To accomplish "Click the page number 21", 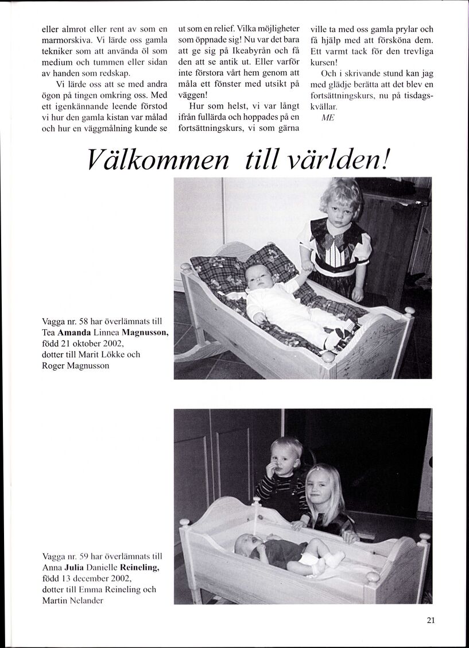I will coord(431,619).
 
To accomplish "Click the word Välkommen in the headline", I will coord(158,159).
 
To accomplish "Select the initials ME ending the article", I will coord(327,117).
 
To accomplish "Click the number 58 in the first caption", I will coord(81,322).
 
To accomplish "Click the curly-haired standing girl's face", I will coord(340,205).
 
